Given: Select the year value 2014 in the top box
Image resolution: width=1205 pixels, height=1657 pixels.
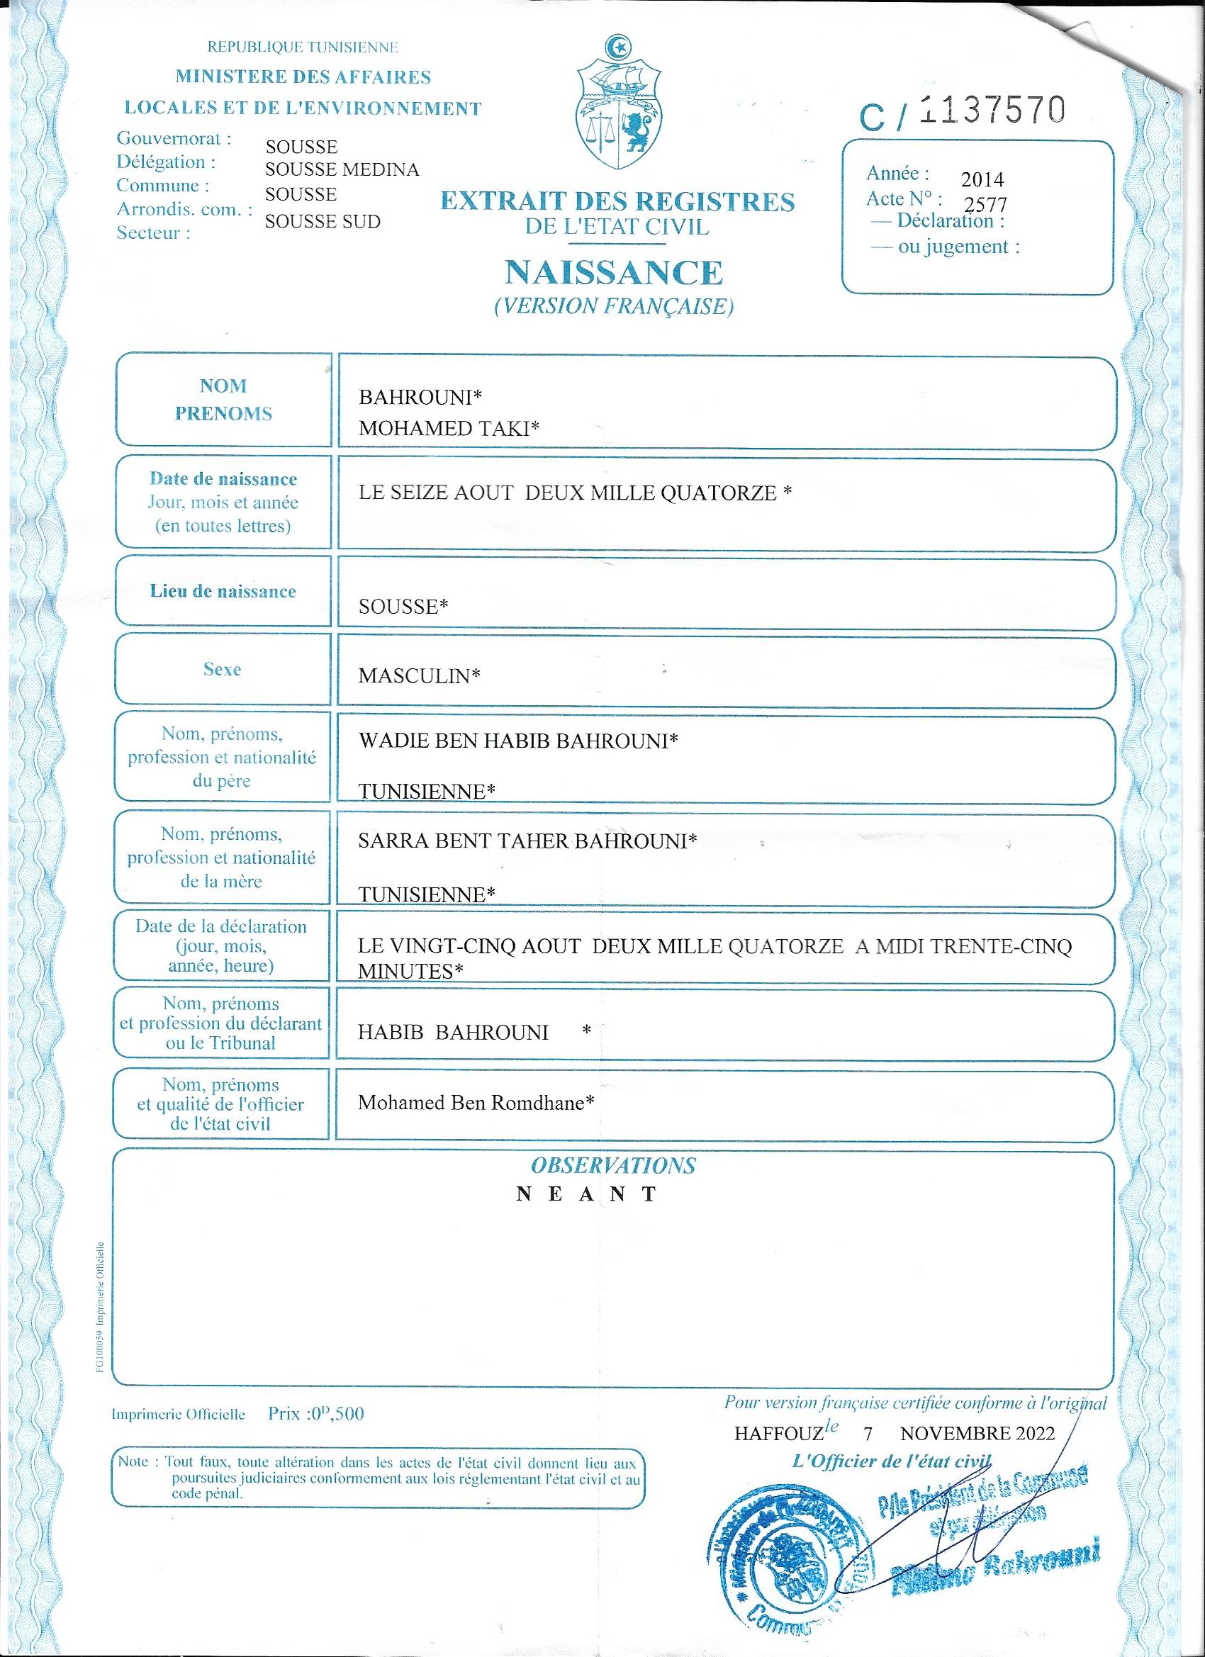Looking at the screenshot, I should tap(982, 179).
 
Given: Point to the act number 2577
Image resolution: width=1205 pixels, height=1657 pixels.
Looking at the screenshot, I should tap(986, 205).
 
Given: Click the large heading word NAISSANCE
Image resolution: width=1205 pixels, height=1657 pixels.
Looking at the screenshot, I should tap(614, 274).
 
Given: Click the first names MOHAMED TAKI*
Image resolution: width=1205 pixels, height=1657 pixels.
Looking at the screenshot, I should tap(449, 428).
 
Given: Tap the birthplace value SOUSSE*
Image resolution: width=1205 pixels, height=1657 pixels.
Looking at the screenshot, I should tap(403, 607).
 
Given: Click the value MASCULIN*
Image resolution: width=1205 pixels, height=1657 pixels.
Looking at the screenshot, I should tap(419, 676).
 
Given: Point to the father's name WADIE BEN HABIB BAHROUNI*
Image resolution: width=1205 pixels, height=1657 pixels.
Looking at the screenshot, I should tap(518, 741).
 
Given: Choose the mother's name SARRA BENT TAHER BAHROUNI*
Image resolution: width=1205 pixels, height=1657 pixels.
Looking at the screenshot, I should tap(527, 841).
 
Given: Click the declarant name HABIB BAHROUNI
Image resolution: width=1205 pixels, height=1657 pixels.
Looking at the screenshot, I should tap(453, 1033).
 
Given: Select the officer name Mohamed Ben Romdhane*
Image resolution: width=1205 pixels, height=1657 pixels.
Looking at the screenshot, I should tap(475, 1103).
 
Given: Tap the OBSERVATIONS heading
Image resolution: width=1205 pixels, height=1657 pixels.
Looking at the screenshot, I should tap(613, 1165).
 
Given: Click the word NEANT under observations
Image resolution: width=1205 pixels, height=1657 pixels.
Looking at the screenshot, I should tap(588, 1194).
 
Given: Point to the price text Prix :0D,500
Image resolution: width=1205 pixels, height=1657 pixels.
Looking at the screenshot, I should tap(315, 1414).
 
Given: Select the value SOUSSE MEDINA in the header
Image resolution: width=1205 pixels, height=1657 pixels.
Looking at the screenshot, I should tap(342, 170).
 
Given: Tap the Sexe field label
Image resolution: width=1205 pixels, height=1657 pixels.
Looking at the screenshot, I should tap(222, 669).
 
